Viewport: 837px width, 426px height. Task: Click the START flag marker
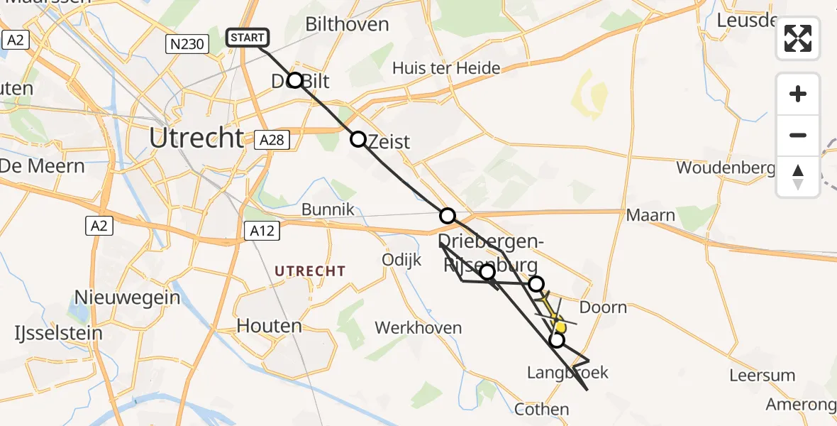(x=247, y=38)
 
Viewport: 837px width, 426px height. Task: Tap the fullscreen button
(x=798, y=38)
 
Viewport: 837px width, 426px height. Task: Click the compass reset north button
(x=798, y=177)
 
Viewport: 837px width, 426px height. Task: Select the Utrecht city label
(x=196, y=138)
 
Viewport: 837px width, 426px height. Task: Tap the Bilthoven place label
(x=347, y=24)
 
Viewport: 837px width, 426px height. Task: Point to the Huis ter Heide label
(x=447, y=68)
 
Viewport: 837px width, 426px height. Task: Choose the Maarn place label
(x=650, y=215)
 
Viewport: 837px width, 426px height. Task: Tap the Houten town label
(x=269, y=326)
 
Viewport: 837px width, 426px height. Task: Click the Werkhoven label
(x=418, y=328)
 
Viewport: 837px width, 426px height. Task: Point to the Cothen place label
(x=542, y=409)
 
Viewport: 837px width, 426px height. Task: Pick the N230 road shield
(x=187, y=45)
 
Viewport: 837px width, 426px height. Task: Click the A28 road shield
(x=272, y=140)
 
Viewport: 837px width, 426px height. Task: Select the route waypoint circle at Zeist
(x=358, y=139)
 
